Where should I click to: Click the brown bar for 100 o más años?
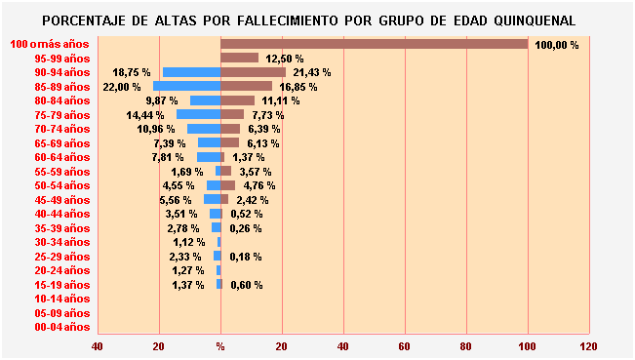point(374,44)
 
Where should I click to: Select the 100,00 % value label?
point(557,45)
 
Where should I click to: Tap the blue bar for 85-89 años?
point(186,87)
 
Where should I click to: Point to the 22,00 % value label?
point(122,87)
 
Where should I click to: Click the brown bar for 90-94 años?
point(253,72)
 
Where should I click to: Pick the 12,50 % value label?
point(285,59)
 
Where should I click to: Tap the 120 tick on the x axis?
point(589,346)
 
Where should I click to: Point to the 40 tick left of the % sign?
point(98,346)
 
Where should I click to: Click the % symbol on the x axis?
point(220,346)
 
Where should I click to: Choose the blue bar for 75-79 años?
point(198,114)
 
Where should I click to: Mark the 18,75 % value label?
point(132,72)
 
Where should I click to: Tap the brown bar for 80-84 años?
point(237,100)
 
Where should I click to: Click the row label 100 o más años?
point(50,44)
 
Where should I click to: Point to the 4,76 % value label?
point(257,185)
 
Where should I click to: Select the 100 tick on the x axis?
point(528,346)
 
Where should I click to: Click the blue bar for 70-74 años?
point(203,129)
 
